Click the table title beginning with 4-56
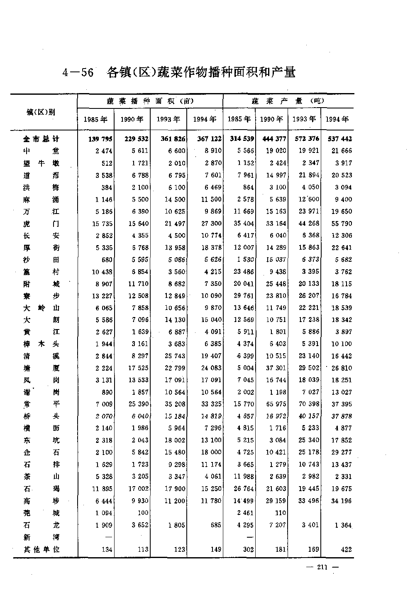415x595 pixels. tap(179, 72)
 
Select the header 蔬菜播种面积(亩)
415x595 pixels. tap(150, 101)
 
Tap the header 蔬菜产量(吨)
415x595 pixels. tap(288, 101)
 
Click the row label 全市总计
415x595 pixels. tap(41, 139)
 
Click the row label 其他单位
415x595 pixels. tap(41, 549)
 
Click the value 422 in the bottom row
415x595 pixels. tap(345, 549)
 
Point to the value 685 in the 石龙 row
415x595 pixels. tap(215, 525)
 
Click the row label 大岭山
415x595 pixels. tap(41, 308)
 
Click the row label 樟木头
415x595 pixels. tap(41, 344)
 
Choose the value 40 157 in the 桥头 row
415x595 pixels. tap(308, 416)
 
